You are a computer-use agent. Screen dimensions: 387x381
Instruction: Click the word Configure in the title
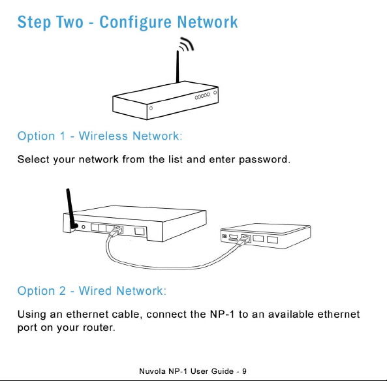[135, 23]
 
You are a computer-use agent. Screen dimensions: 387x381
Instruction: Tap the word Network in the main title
[208, 22]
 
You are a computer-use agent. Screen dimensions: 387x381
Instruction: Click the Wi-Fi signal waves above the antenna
[187, 44]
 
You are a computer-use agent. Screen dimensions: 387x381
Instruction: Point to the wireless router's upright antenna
[178, 67]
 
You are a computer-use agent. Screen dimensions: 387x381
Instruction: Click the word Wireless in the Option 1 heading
[103, 136]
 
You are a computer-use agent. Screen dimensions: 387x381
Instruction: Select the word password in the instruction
[264, 160]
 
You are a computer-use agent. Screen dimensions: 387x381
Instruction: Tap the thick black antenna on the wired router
[71, 209]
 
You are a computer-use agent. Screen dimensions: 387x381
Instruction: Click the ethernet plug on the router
[116, 231]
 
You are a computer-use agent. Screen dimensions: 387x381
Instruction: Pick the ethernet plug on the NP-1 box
[244, 239]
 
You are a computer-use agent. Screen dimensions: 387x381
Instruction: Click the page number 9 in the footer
[244, 371]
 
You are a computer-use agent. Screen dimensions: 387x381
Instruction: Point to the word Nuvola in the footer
[152, 371]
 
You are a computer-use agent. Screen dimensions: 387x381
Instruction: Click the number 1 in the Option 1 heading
[63, 136]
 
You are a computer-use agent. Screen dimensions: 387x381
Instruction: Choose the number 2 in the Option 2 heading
[63, 291]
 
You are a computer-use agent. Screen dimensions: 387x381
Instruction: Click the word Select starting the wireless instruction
[33, 159]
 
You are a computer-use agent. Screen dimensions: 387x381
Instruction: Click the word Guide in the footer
[223, 371]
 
